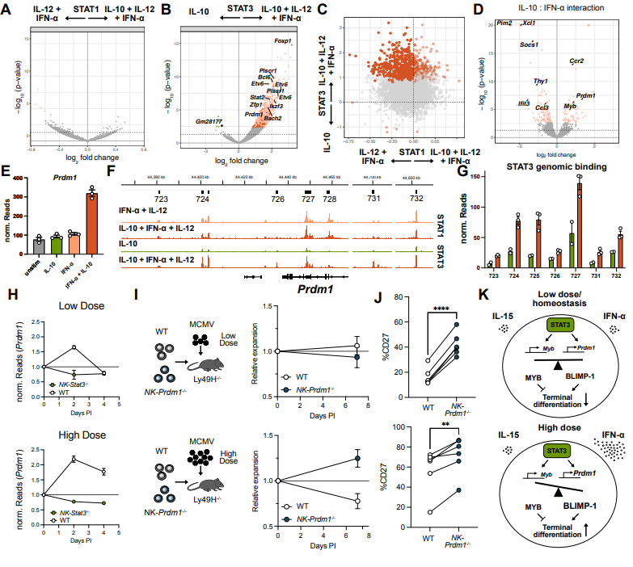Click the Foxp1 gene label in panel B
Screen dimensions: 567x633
click(281, 40)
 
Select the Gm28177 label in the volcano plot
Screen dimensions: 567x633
click(208, 121)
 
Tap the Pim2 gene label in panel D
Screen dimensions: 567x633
click(504, 25)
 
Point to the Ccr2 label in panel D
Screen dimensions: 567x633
click(576, 61)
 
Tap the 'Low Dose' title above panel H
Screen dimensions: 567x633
click(67, 305)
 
